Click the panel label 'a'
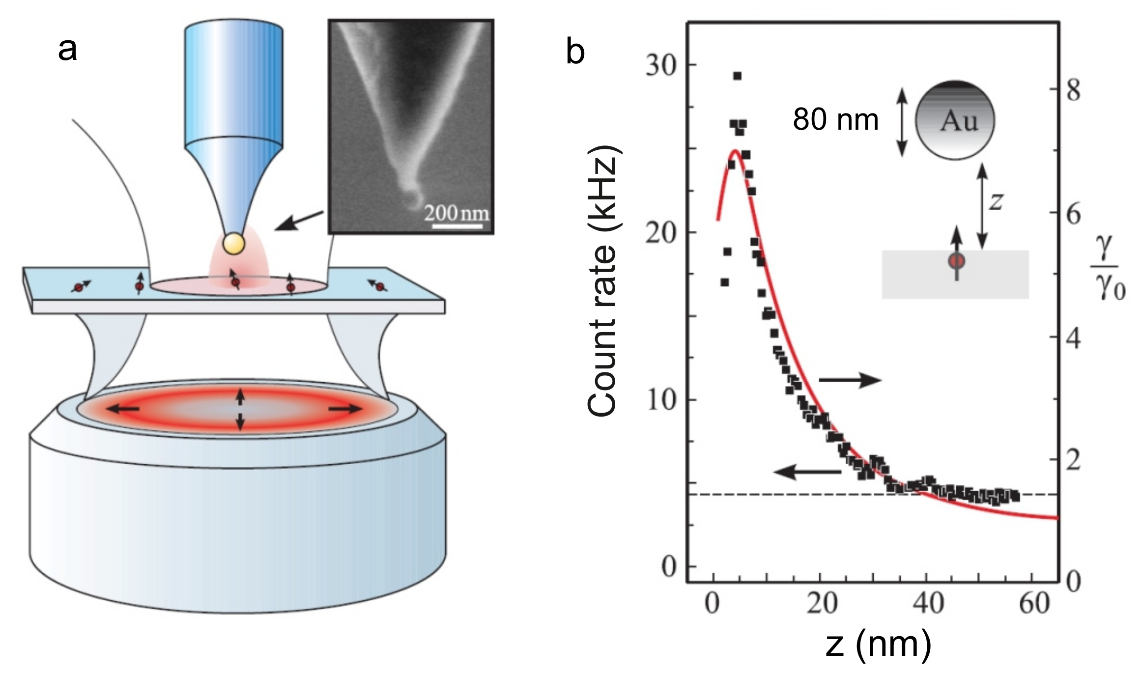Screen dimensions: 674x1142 click(67, 50)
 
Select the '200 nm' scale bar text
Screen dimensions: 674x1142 click(457, 213)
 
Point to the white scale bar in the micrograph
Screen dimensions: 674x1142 click(457, 226)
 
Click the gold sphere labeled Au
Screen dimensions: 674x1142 click(954, 120)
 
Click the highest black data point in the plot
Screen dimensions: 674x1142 click(737, 76)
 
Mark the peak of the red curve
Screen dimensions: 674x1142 click(735, 151)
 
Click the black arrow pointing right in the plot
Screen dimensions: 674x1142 click(850, 380)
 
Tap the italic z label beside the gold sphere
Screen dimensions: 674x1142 click(996, 200)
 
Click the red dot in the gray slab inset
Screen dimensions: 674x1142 click(956, 261)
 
